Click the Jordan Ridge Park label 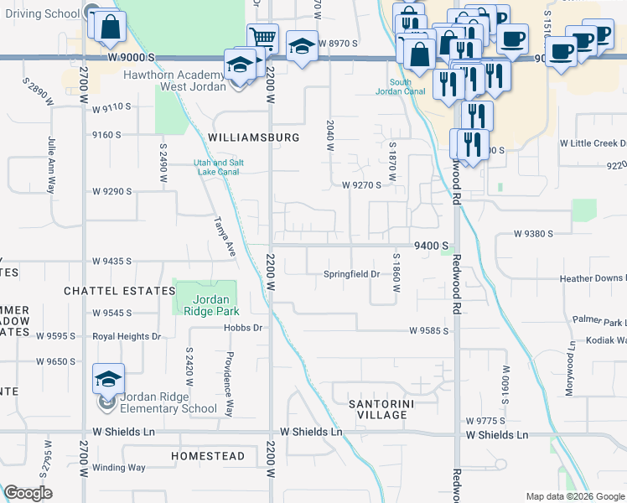(205, 305)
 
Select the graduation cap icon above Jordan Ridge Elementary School (108, 379)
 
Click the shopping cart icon (262, 37)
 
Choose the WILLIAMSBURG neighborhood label (253, 137)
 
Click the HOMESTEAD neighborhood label (208, 457)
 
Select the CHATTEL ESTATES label (108, 290)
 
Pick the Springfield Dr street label (352, 274)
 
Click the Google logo (28, 493)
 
